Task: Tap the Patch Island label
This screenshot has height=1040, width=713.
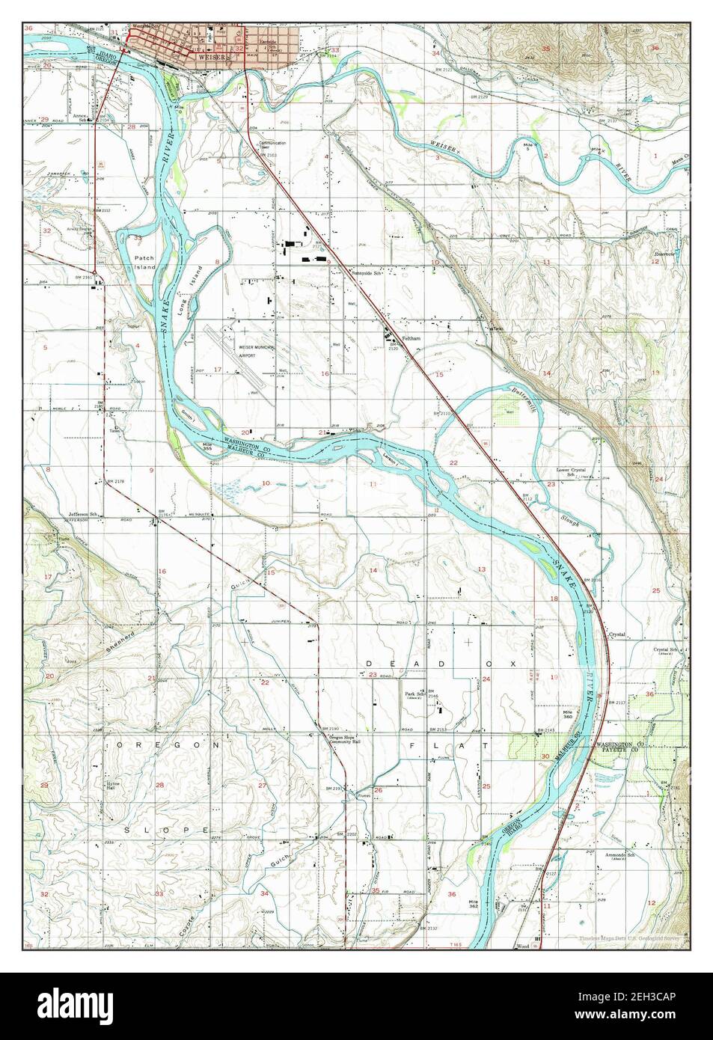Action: [x=144, y=262]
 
